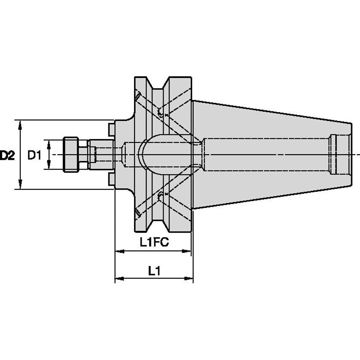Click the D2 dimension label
(x=7, y=156)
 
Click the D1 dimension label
(x=34, y=156)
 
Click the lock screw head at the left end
(x=70, y=154)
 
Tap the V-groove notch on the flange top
(x=159, y=84)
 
